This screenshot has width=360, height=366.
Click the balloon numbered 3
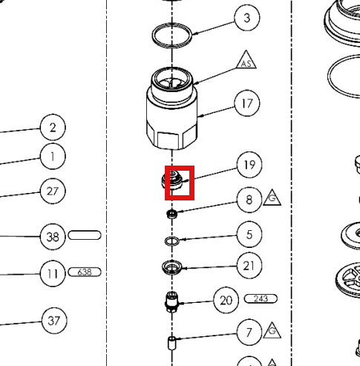coord(247,18)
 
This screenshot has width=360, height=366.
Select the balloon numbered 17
coord(247,103)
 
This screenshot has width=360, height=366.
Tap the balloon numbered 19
coord(249,165)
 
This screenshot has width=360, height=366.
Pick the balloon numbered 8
coord(249,200)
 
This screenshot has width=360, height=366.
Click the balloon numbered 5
coord(249,235)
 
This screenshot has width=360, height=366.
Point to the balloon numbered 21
coord(249,266)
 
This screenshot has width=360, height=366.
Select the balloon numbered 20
coord(226,301)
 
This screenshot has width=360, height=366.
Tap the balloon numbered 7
coord(249,332)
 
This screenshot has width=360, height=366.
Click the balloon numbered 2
coord(53,127)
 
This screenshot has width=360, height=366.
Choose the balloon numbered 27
coord(53,192)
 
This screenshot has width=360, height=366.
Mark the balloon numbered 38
coord(53,237)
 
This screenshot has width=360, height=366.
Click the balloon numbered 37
coord(54,321)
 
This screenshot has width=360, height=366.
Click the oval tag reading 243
coord(261,298)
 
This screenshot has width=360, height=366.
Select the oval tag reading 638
coord(85,272)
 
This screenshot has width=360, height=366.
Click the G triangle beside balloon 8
coord(272,198)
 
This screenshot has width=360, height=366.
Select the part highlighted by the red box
coord(172,181)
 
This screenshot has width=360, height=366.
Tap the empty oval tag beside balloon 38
coord(85,231)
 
